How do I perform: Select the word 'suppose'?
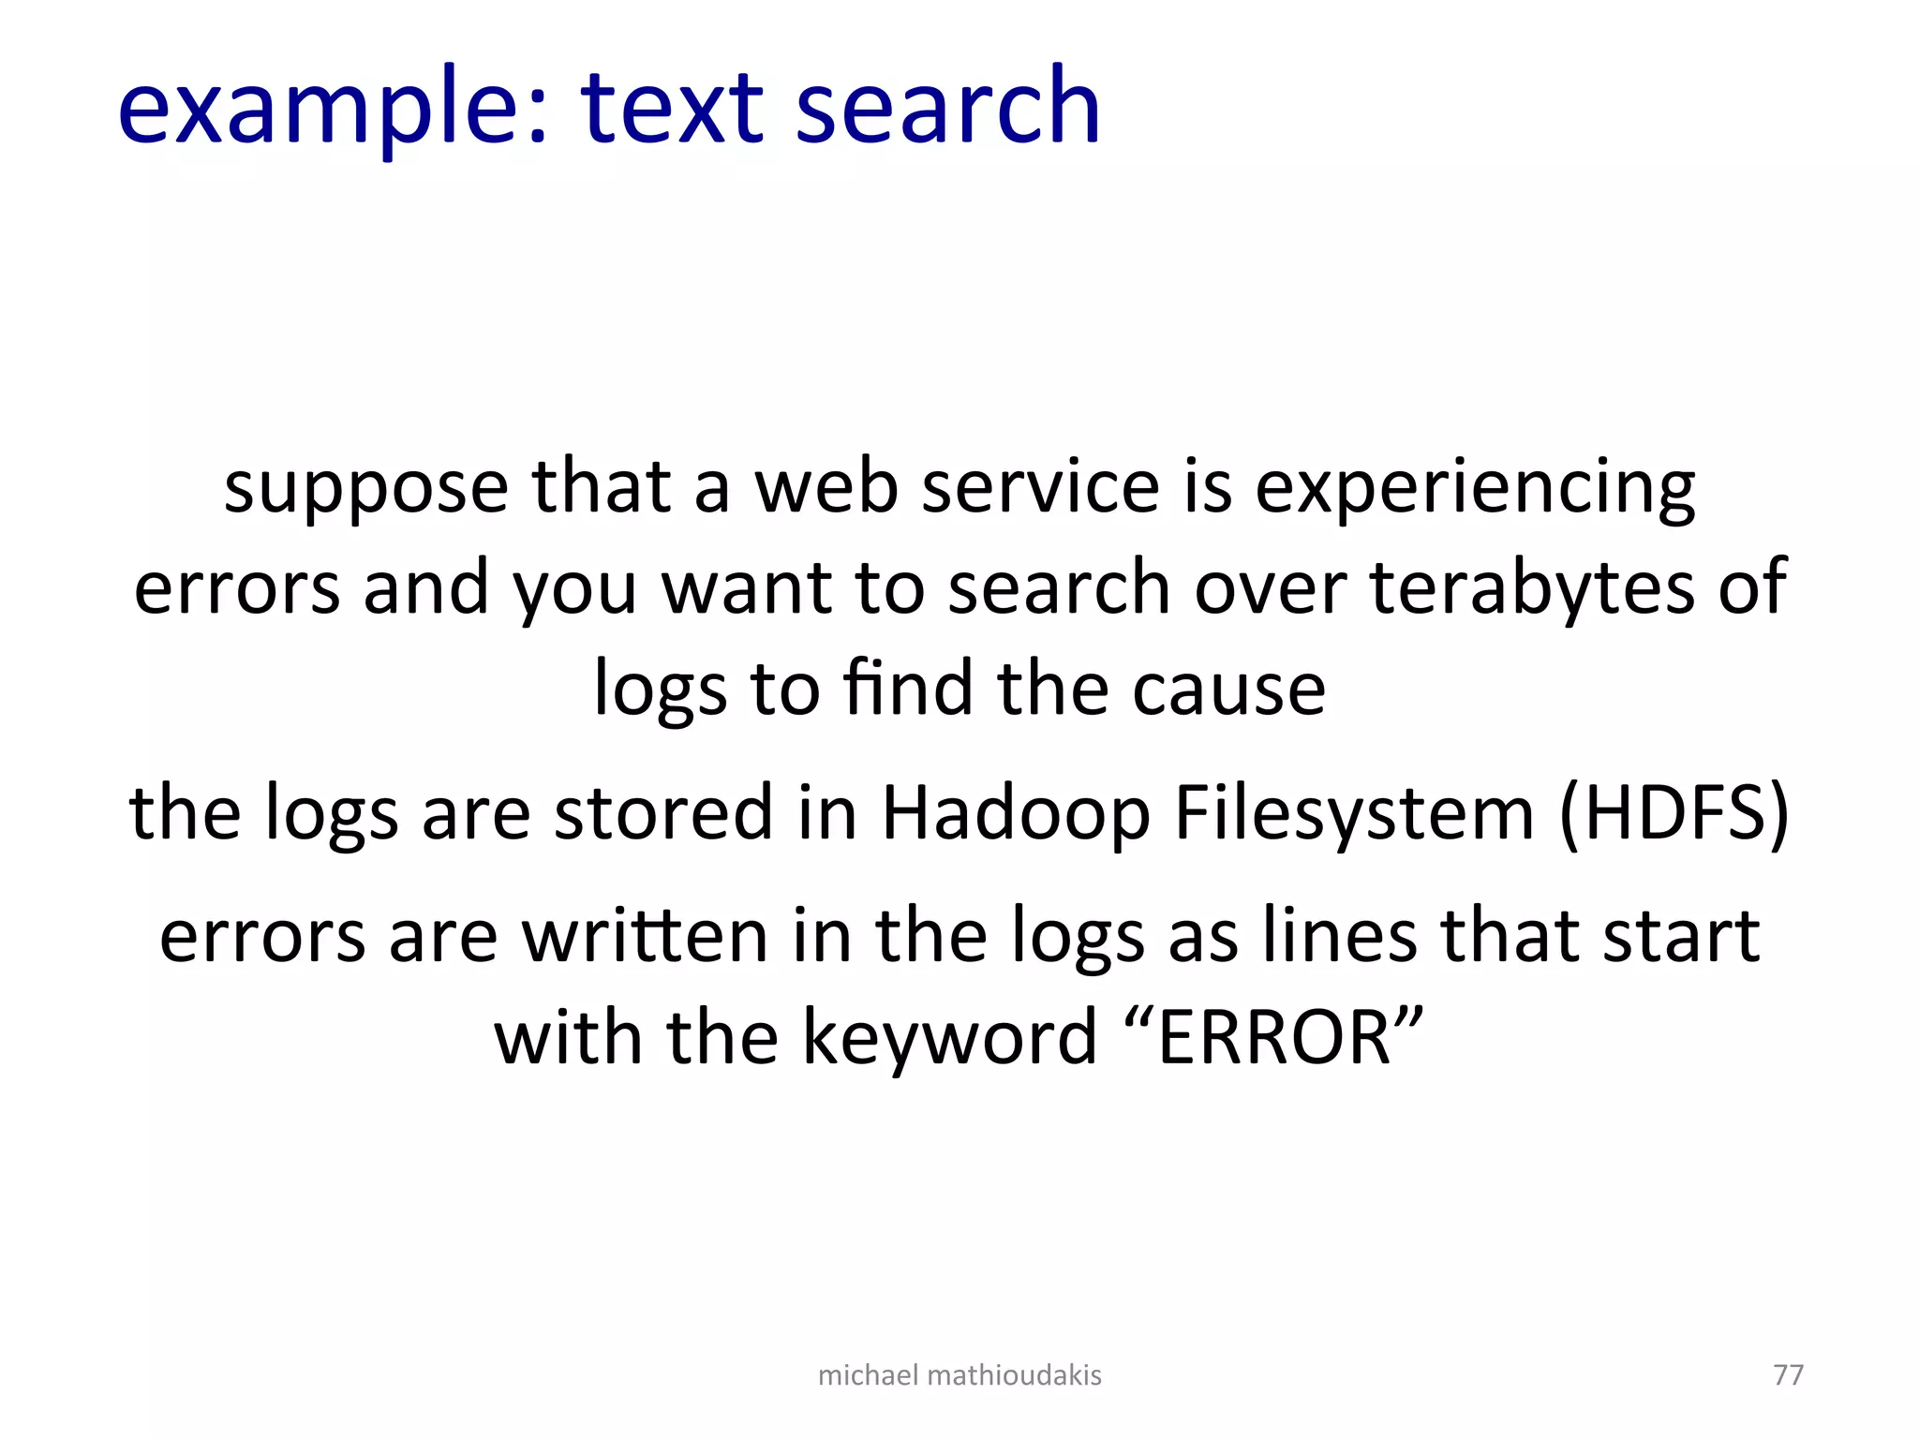pos(365,489)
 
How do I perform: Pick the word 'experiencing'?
pos(1475,489)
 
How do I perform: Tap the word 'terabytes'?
pos(1532,587)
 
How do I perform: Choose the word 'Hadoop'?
pos(1016,813)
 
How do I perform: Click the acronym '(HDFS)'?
pos(1674,813)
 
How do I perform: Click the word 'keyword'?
pos(949,1038)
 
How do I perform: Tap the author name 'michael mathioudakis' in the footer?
pos(959,1374)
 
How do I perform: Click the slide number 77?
pos(1788,1374)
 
